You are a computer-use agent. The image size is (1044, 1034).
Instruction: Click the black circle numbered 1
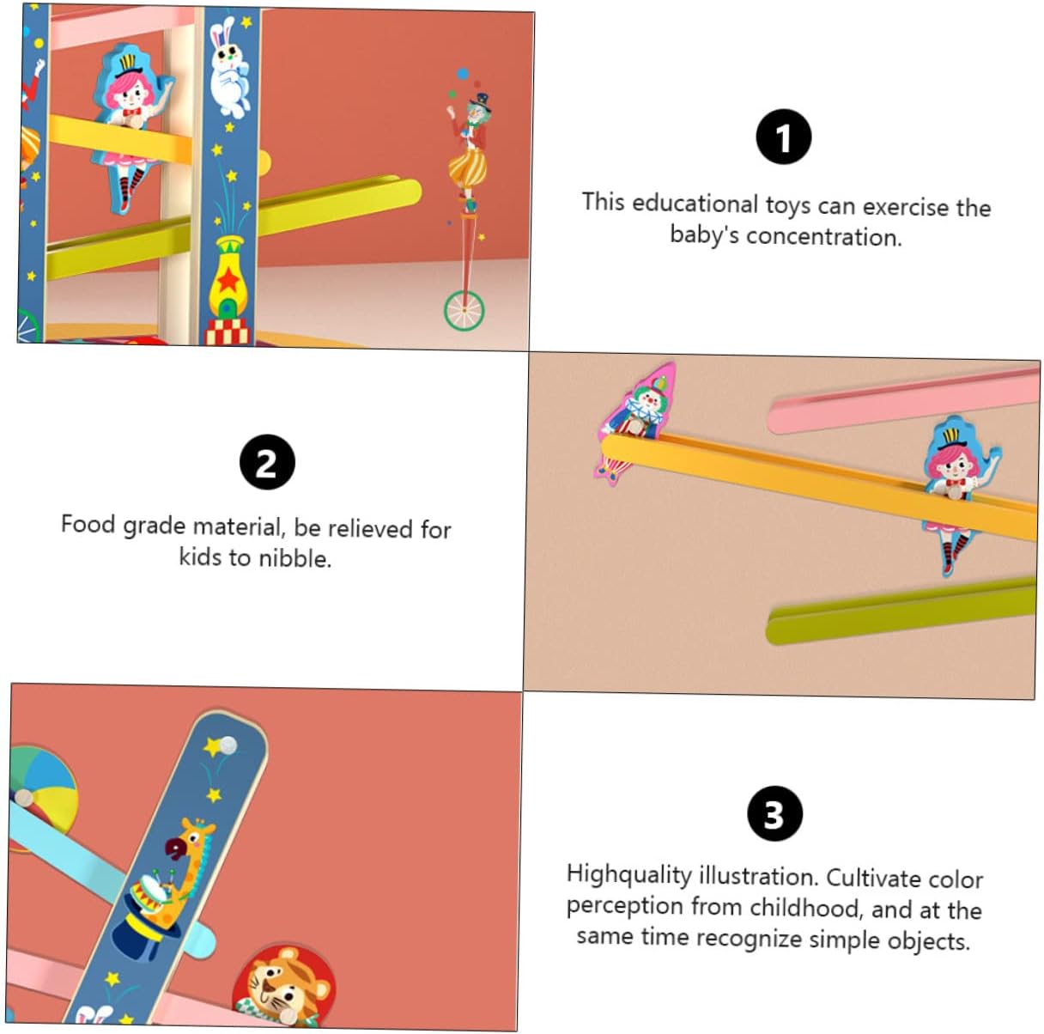(783, 137)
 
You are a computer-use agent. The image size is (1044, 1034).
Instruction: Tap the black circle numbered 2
(267, 462)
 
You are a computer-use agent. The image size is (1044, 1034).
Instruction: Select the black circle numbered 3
(774, 813)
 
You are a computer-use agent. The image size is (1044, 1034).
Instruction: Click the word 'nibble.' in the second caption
(294, 557)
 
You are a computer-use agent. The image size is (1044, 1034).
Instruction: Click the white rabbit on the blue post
(230, 69)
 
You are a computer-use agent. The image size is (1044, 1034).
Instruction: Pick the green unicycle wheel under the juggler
(464, 311)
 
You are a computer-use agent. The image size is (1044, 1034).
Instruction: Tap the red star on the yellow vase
(228, 281)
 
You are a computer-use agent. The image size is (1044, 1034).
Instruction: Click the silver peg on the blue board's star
(228, 745)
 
